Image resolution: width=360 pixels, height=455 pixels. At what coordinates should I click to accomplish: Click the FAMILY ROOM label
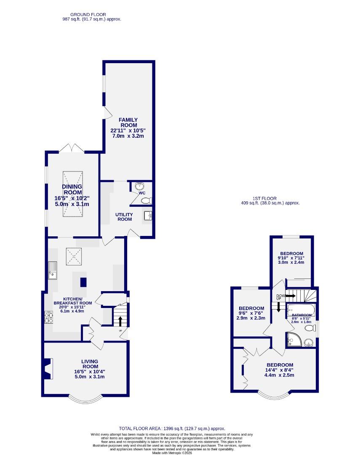pos(128,123)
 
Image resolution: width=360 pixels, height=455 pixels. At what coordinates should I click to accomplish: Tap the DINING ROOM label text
pos(72,190)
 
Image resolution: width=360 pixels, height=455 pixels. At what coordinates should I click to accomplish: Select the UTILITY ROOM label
pos(124,217)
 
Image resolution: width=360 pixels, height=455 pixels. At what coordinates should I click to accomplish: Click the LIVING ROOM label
pos(90,364)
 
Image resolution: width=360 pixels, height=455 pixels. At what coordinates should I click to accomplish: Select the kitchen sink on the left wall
pos(52,270)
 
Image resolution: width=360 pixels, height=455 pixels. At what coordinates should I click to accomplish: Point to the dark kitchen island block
pos(83,282)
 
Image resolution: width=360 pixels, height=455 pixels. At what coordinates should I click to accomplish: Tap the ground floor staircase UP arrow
pos(120,321)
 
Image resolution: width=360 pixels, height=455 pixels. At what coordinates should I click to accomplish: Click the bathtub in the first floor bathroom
pos(300,310)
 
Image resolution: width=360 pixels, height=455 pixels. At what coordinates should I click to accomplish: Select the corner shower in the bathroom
pos(292,340)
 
